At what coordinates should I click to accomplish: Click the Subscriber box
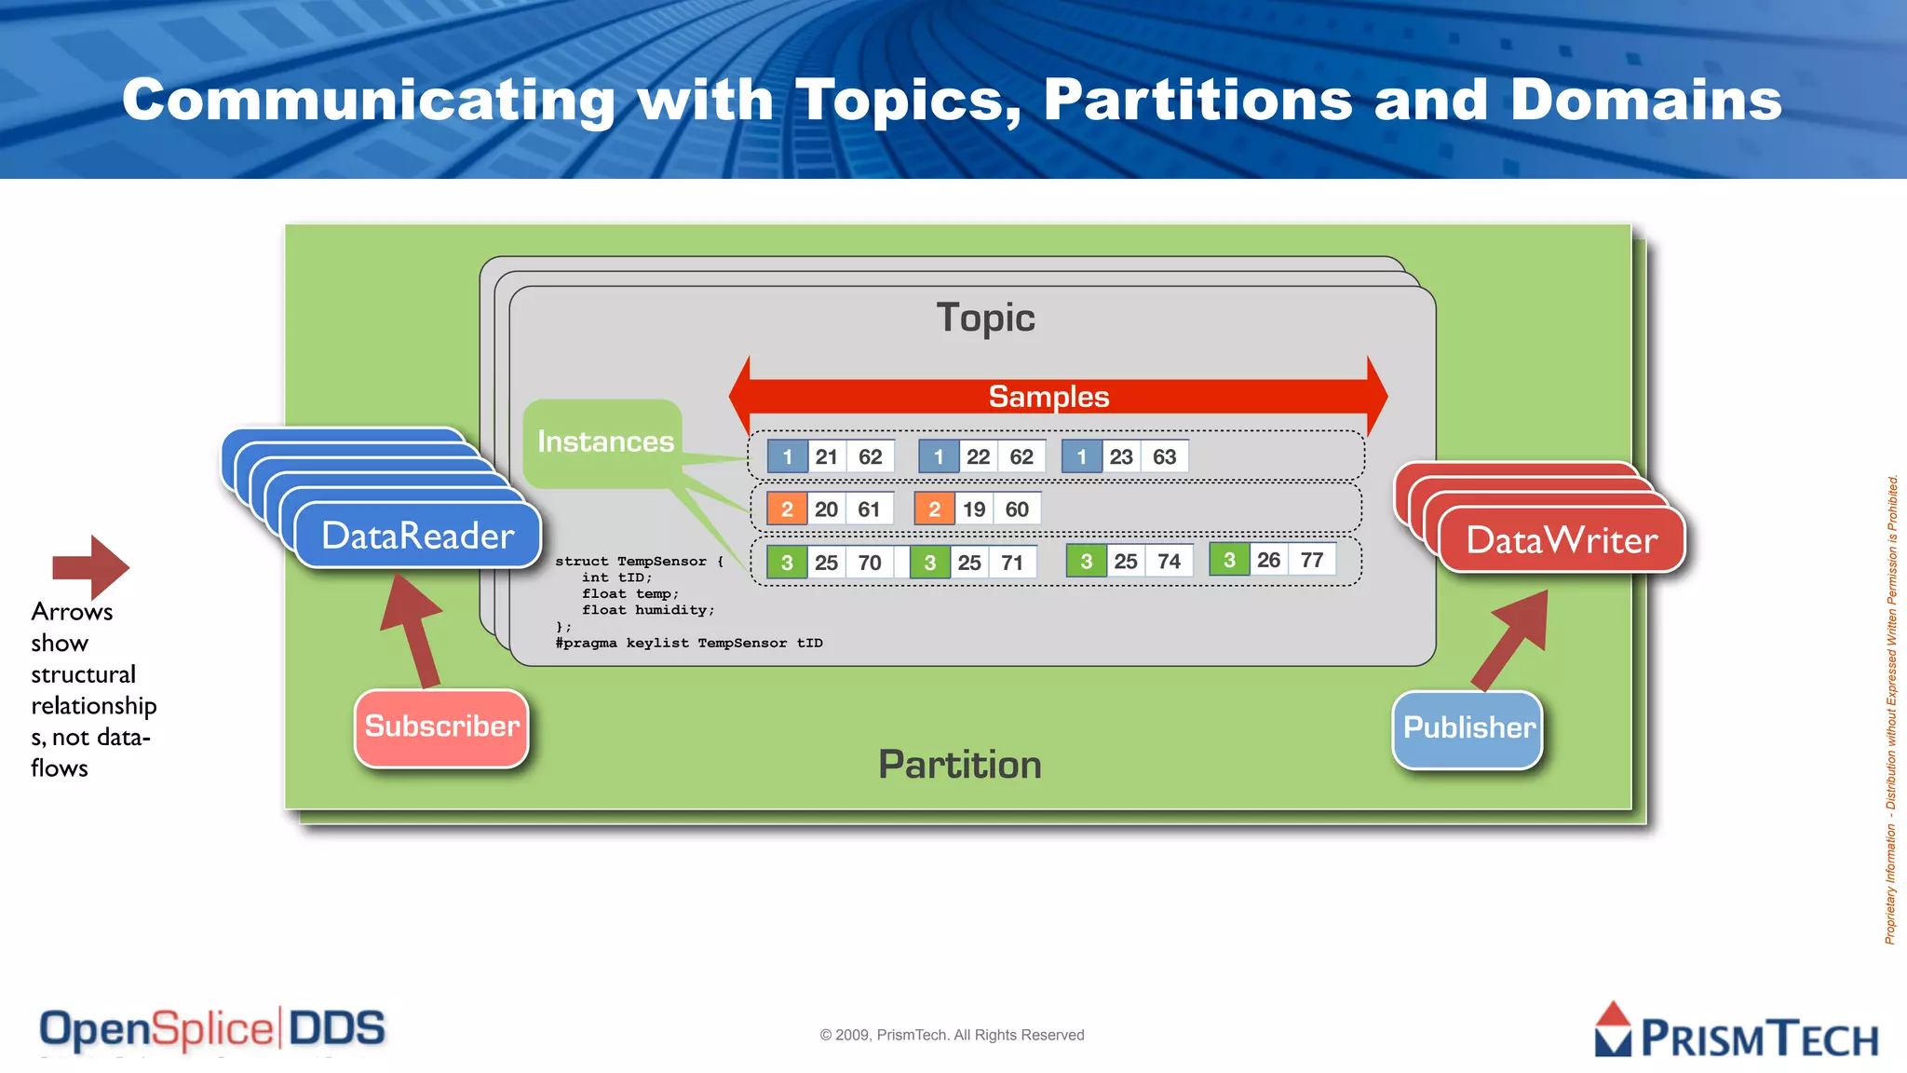[441, 727]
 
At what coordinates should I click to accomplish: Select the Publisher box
[1467, 729]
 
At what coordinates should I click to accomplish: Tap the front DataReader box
[418, 536]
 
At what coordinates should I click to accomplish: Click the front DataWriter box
[1562, 540]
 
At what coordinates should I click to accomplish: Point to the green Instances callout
[604, 441]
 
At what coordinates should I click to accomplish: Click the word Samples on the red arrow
[1048, 397]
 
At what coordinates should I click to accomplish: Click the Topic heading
[985, 318]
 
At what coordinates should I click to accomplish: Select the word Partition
[960, 765]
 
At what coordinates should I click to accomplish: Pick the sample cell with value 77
[1312, 560]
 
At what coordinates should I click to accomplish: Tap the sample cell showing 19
[974, 509]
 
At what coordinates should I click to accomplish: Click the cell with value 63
[1164, 456]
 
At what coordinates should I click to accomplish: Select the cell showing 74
[1169, 562]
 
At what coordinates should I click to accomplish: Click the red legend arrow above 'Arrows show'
[90, 566]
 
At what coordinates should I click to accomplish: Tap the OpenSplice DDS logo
[212, 1029]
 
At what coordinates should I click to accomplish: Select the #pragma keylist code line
[689, 643]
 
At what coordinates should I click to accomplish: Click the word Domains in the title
[1645, 100]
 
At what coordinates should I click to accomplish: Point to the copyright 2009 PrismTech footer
[952, 1035]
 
